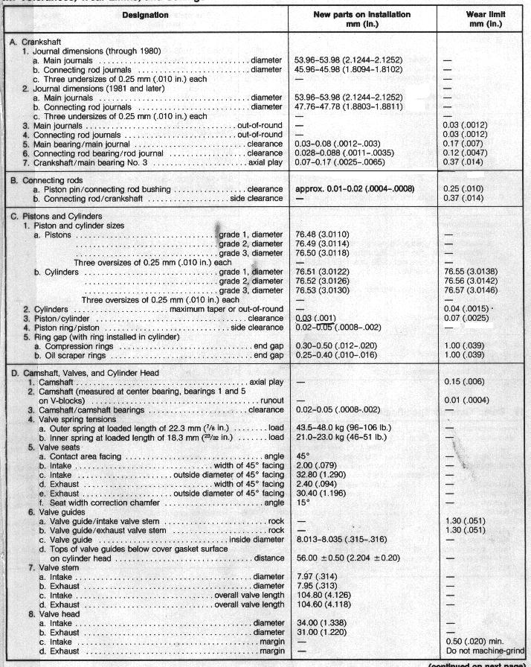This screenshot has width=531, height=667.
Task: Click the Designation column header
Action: pos(144,14)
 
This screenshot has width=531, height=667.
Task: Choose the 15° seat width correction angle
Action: pos(303,502)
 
